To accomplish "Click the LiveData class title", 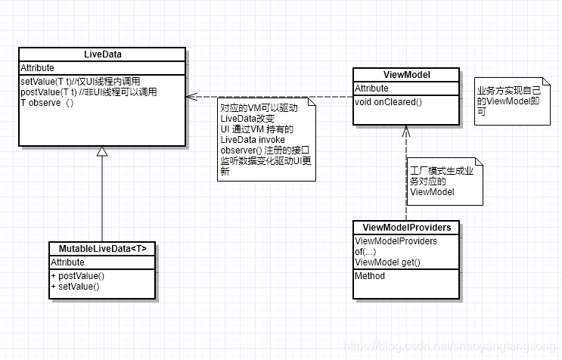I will pyautogui.click(x=102, y=54).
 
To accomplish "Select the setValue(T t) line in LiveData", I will pyautogui.click(x=79, y=81).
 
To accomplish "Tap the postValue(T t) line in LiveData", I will pyautogui.click(x=88, y=92).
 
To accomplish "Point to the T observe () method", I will pyautogui.click(x=47, y=104).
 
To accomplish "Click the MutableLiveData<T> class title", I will pyautogui.click(x=103, y=248).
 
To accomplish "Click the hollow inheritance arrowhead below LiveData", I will pyautogui.click(x=102, y=151).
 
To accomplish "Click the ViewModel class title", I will pyautogui.click(x=406, y=75).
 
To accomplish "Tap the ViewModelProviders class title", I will pyautogui.click(x=406, y=227).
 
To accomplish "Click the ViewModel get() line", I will pyautogui.click(x=387, y=262).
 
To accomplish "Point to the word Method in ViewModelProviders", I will pyautogui.click(x=370, y=276).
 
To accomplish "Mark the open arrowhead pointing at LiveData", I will pyautogui.click(x=191, y=97).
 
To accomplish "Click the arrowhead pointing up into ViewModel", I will pyautogui.click(x=406, y=129).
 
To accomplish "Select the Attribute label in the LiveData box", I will pyautogui.click(x=37, y=68).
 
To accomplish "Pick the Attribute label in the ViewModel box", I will pyautogui.click(x=371, y=88).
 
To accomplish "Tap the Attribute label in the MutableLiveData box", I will pyautogui.click(x=67, y=262).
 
